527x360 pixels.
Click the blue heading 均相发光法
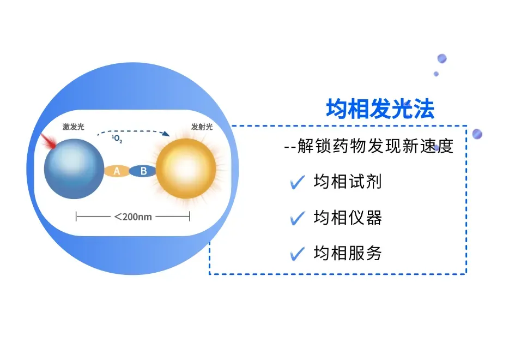coord(380,109)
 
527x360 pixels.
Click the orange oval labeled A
coord(117,171)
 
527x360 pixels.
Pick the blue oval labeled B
coord(143,171)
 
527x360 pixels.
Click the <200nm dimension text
coord(133,217)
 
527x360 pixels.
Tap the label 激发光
coord(73,127)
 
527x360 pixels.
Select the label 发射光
coord(201,127)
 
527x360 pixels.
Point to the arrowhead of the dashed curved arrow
coord(166,134)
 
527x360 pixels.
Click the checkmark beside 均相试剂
coord(298,182)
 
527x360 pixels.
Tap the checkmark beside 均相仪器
coord(298,218)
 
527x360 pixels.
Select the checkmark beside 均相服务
coord(298,254)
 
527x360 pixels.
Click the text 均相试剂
coord(347,182)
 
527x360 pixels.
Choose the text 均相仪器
coord(347,218)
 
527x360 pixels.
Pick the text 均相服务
coord(347,253)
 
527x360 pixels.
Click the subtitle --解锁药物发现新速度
coord(369,146)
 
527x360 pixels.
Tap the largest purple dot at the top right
coord(441,58)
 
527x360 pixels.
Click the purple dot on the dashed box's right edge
coord(477,134)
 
